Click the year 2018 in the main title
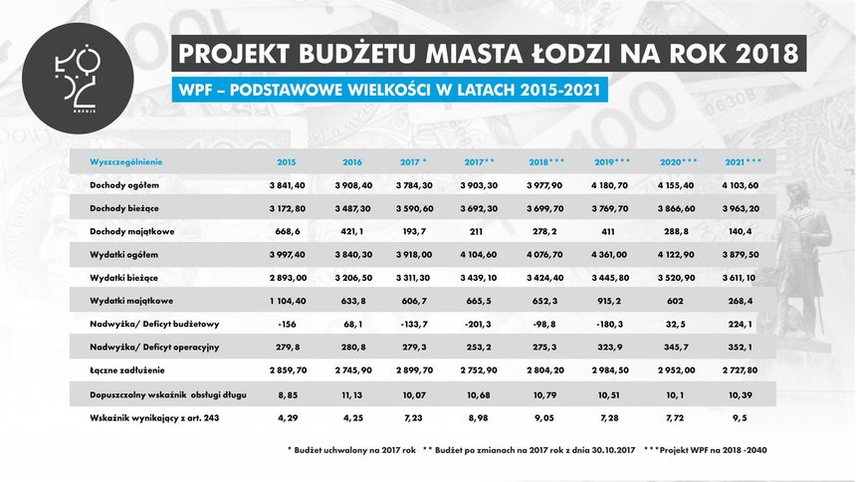(745, 52)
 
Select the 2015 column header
(286, 161)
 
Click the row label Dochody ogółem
(123, 184)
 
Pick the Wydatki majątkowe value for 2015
(285, 299)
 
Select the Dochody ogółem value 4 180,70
(608, 184)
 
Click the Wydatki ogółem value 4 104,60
(480, 253)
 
